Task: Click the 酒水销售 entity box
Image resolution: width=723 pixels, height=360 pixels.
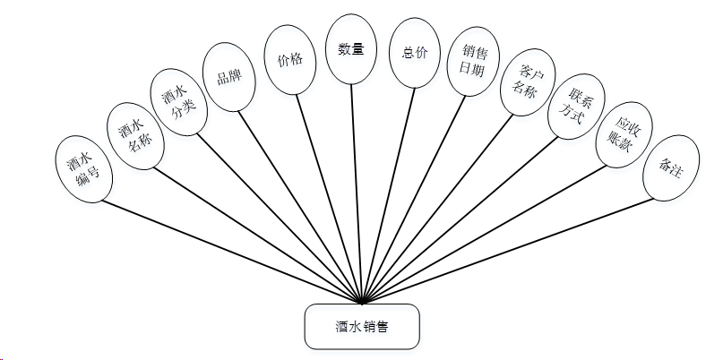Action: coord(361,327)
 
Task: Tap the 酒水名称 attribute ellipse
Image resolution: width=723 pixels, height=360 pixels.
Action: coord(134,135)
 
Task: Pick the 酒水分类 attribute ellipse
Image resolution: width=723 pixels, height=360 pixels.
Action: coord(178,103)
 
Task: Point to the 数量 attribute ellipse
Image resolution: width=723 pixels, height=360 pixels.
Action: coord(350,50)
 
